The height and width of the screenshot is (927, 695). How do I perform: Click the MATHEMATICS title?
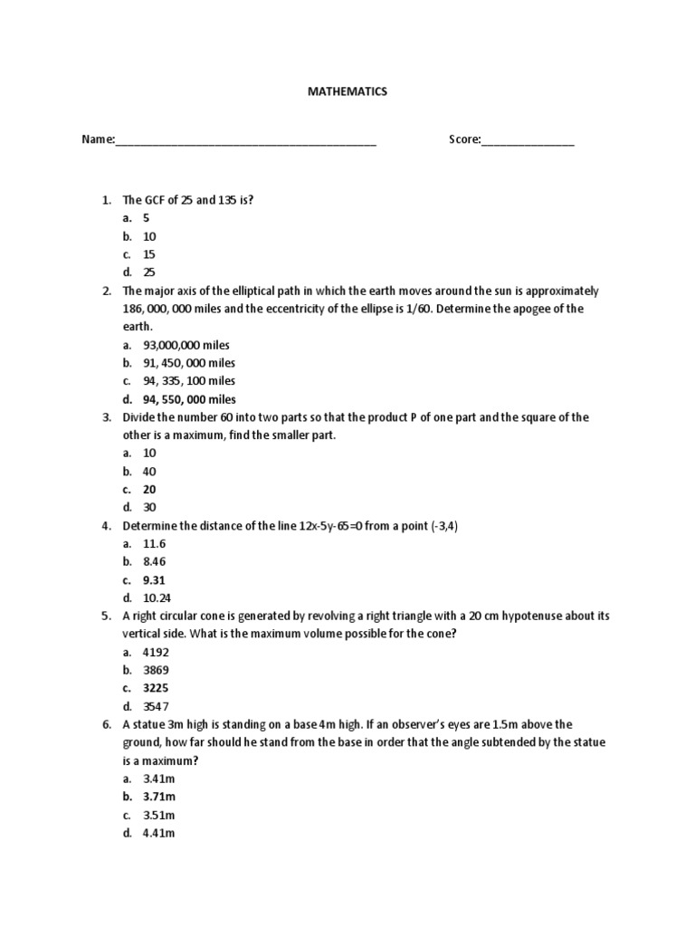[347, 91]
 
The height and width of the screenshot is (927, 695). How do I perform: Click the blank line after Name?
[245, 142]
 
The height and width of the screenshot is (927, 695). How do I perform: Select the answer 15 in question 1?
[149, 254]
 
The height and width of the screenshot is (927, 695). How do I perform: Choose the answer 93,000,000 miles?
[186, 345]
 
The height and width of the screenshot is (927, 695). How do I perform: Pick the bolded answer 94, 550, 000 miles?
[189, 399]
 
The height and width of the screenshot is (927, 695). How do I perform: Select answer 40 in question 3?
[149, 472]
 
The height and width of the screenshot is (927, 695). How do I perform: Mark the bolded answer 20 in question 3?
[149, 490]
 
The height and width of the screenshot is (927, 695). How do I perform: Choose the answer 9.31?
[155, 580]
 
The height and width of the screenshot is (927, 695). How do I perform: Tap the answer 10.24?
[157, 598]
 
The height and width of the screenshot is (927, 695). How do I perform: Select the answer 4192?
[156, 652]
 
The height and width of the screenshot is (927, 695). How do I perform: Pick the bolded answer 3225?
[156, 688]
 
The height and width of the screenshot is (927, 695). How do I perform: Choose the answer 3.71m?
[159, 797]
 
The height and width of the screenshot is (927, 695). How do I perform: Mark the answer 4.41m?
[159, 833]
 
